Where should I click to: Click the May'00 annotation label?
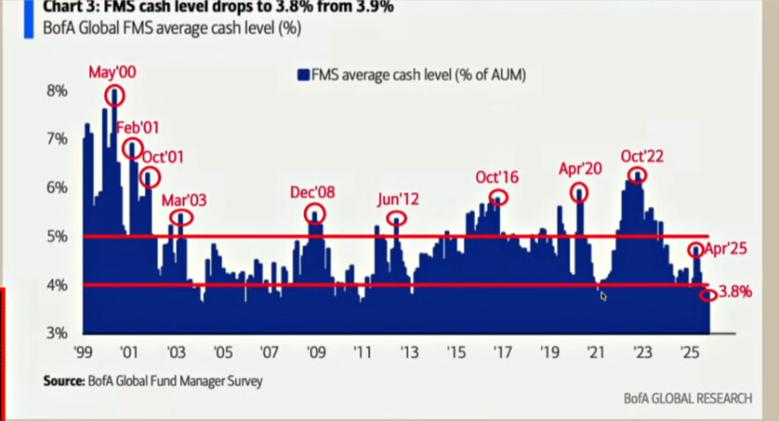(x=112, y=72)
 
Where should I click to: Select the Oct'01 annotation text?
(x=163, y=157)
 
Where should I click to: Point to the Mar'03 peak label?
(x=184, y=199)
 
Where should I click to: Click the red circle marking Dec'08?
(x=315, y=214)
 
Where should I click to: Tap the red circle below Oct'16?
(x=499, y=198)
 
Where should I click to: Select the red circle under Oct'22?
(x=636, y=175)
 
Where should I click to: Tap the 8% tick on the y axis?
(x=57, y=90)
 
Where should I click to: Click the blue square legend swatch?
(x=302, y=76)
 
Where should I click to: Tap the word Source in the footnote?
(x=63, y=381)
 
